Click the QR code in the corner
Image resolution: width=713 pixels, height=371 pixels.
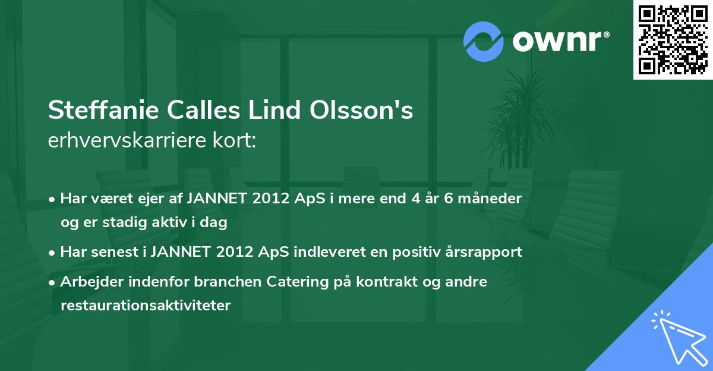point(673,40)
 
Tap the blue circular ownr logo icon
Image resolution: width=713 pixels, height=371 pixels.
point(483,42)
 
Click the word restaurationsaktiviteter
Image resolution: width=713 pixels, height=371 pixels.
point(145,306)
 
